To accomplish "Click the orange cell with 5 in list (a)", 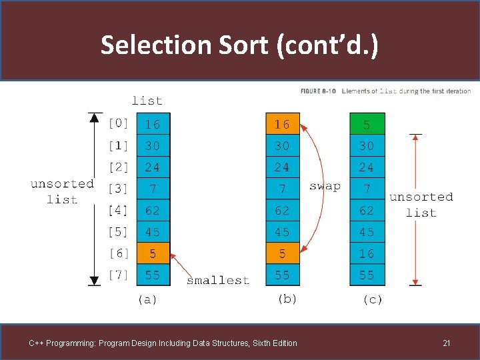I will [153, 253].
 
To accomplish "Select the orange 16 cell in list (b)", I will [283, 124].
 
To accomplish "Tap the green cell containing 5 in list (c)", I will [367, 124].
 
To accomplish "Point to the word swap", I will [325, 186].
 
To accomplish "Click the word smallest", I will [218, 281].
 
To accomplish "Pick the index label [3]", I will [119, 189].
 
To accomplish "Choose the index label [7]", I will [119, 275].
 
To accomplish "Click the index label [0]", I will [119, 124].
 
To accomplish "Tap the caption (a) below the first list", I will [147, 300].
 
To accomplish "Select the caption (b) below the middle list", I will [287, 299].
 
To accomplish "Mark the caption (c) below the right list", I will [372, 300].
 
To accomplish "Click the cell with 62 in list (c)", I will [367, 211].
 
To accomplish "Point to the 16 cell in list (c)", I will [367, 253].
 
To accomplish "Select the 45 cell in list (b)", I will [283, 232].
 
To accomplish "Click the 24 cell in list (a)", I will [153, 167].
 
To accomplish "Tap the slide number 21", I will [447, 343].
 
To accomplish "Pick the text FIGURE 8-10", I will [318, 91].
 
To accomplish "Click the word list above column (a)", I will [147, 101].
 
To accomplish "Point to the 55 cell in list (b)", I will [283, 275].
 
